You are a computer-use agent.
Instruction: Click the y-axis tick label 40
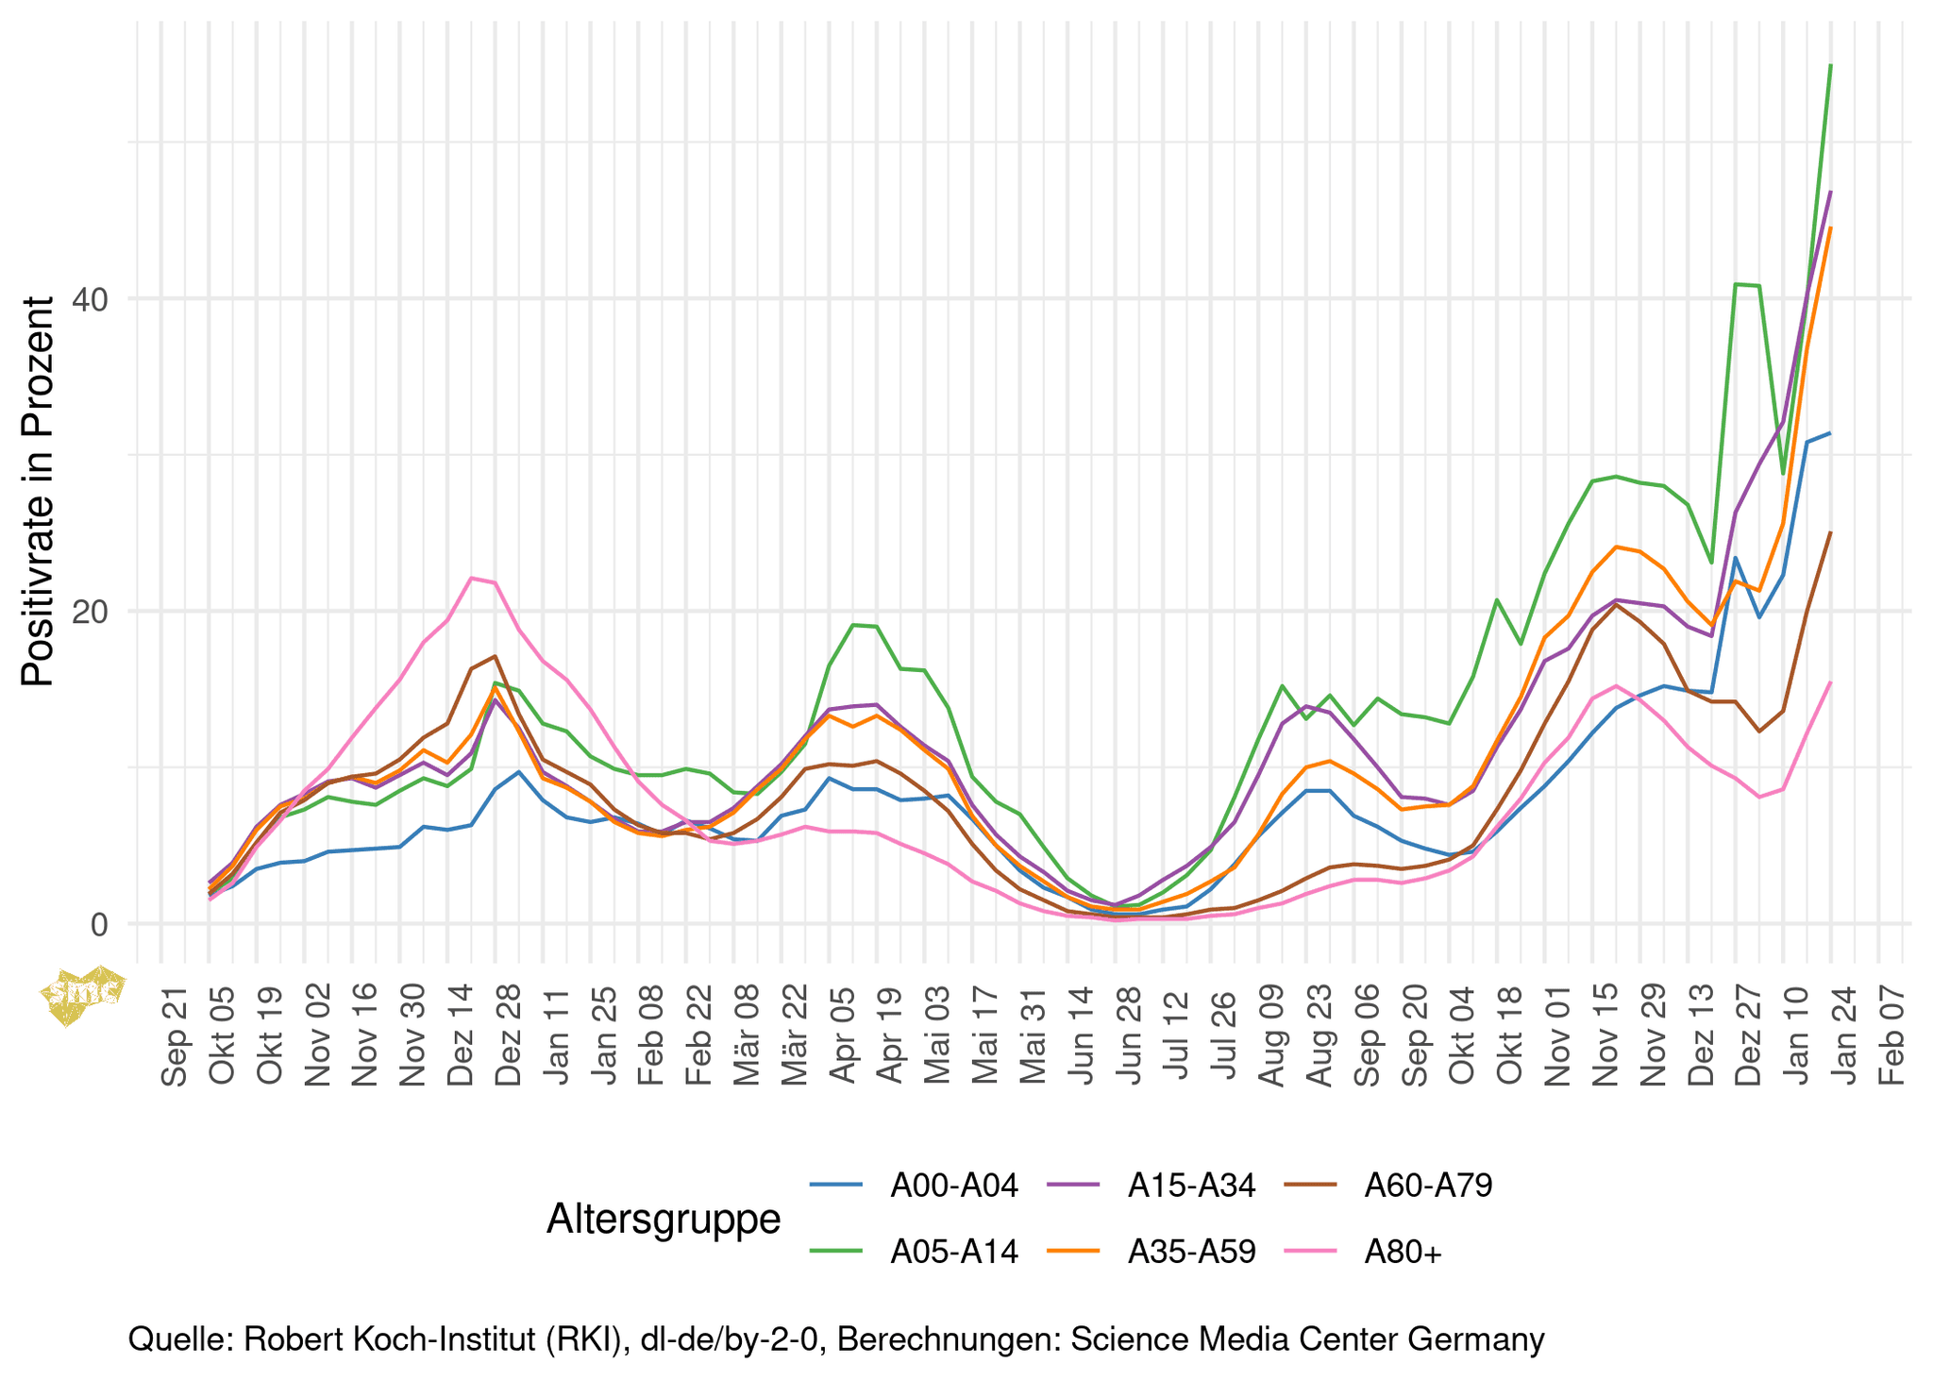(x=92, y=299)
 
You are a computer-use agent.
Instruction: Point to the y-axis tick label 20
(x=92, y=612)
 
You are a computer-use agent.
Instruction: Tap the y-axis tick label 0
(x=99, y=924)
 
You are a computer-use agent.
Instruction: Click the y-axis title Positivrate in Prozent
(x=39, y=491)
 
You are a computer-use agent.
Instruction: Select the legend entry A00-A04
(x=954, y=1186)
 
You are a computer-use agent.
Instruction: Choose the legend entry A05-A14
(x=954, y=1252)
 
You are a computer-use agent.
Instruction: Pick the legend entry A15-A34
(x=1191, y=1186)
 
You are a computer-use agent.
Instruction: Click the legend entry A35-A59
(x=1191, y=1252)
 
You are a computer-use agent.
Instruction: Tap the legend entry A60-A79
(x=1428, y=1186)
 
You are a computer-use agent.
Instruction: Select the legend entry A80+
(x=1404, y=1252)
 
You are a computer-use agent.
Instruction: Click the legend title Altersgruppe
(x=664, y=1219)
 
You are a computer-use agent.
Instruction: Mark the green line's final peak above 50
(x=1830, y=65)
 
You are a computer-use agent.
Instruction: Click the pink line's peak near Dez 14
(x=472, y=578)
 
